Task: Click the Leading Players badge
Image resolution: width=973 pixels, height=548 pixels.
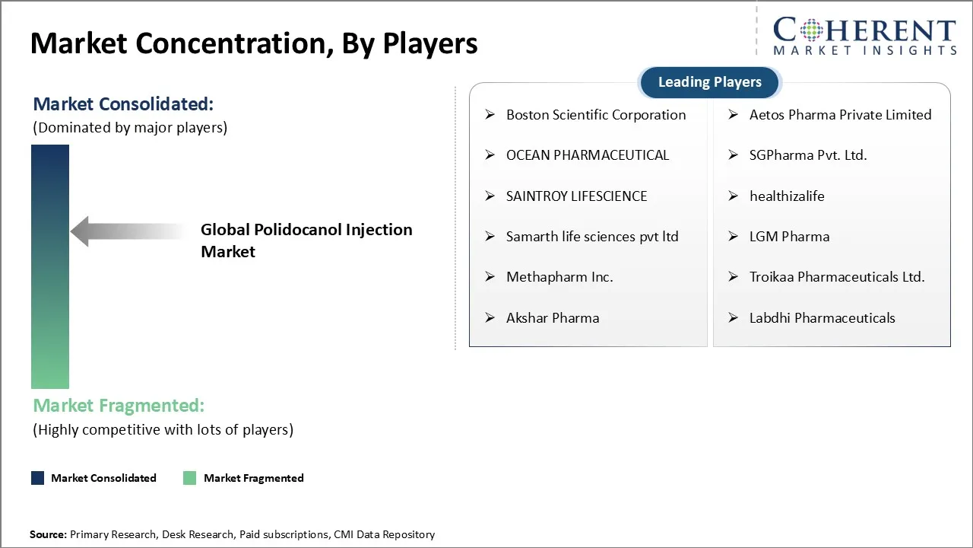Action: [710, 82]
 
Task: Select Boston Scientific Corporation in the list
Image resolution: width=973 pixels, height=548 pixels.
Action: [596, 115]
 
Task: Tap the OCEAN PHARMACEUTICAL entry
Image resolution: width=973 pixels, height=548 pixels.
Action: [588, 155]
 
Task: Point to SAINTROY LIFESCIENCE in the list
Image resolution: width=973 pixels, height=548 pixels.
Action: [576, 196]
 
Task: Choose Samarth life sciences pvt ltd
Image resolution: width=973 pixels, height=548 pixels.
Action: [592, 237]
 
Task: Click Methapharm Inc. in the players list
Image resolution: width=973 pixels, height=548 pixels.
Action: [559, 277]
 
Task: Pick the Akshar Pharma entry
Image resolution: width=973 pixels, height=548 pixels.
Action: [553, 318]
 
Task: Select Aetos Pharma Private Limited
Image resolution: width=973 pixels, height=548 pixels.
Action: [840, 115]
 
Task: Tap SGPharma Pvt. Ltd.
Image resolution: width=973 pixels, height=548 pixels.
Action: [808, 155]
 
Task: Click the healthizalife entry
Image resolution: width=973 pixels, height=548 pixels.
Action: [787, 196]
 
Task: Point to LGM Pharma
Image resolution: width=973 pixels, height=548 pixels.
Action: [789, 237]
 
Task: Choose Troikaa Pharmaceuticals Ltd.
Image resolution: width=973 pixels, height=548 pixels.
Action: [837, 277]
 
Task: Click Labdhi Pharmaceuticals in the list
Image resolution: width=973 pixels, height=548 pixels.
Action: [822, 318]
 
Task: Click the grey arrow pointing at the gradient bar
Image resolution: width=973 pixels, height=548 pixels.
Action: [128, 231]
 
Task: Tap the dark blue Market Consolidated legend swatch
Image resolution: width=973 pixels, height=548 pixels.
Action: [38, 478]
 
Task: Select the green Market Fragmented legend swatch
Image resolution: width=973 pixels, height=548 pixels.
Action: [189, 478]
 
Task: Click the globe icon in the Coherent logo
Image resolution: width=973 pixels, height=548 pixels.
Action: [811, 30]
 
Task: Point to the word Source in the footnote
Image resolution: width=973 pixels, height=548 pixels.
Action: [46, 534]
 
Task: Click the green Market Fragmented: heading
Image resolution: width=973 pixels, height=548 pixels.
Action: [119, 406]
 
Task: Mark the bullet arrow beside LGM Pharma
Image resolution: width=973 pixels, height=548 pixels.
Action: [734, 237]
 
